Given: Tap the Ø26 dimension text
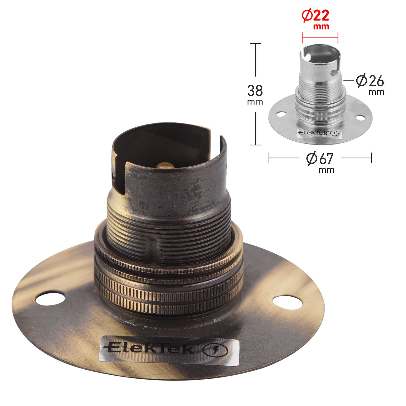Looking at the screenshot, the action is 370,81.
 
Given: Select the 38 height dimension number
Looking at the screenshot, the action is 255,91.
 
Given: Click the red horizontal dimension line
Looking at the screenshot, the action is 320,38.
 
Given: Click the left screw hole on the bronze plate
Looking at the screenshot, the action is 50,298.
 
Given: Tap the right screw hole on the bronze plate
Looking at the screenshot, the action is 288,303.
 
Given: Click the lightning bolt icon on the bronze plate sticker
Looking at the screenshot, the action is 215,350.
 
